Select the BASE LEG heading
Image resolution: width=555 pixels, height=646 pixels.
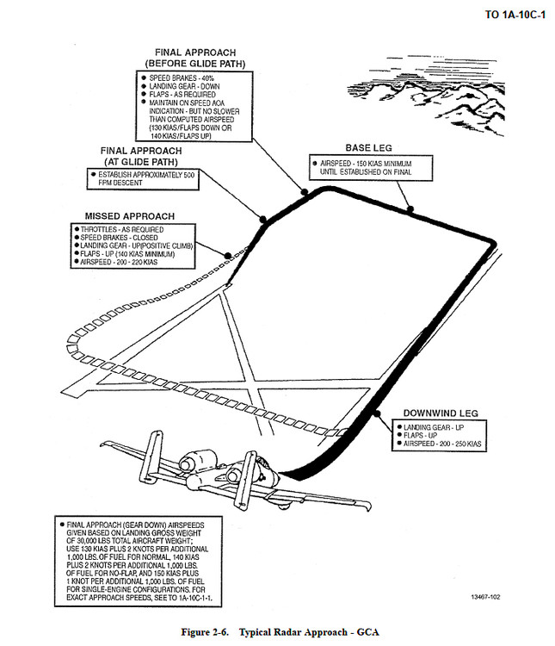(x=368, y=148)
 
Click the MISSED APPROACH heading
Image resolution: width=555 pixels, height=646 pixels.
(x=129, y=215)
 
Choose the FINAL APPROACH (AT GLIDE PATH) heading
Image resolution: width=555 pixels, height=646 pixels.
(x=147, y=156)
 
